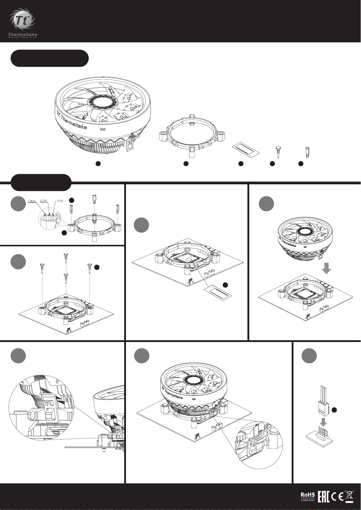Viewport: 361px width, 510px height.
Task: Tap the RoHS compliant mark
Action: point(307,496)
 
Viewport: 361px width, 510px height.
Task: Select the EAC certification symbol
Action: point(323,496)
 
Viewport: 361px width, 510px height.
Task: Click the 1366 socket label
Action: point(31,201)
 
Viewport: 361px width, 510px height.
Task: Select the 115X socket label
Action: point(44,201)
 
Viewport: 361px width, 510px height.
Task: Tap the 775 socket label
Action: point(60,201)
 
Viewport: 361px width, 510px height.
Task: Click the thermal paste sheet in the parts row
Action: point(246,150)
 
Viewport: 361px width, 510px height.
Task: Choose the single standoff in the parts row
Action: point(306,151)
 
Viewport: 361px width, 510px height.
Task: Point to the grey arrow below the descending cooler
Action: point(326,268)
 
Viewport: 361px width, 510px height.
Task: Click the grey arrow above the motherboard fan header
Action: point(323,422)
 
